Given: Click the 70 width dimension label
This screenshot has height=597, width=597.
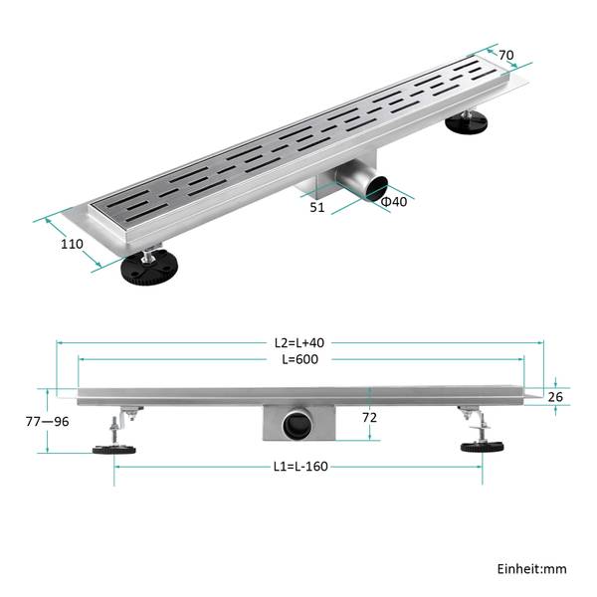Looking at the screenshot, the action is point(506,55).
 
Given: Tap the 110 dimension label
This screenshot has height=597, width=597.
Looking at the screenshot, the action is point(72,244).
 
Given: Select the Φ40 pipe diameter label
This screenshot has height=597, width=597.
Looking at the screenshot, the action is point(394,201).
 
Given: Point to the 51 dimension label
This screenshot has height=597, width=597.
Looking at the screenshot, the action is point(317,208).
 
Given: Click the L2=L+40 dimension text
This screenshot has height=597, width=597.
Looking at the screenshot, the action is point(299,342).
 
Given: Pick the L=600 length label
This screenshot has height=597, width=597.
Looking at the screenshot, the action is point(300,359).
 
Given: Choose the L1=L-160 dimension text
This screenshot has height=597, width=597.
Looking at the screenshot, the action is point(300,467).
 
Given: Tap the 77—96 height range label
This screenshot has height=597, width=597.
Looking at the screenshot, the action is point(48,422).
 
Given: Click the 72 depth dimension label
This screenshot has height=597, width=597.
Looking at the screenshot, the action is point(369,418).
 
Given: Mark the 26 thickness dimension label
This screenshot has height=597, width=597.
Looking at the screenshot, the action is point(555,397).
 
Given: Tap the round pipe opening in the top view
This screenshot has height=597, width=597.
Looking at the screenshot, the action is point(375,188).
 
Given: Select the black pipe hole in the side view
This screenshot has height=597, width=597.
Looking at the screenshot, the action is point(298,425).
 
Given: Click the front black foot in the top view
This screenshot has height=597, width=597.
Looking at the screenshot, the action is point(149,268).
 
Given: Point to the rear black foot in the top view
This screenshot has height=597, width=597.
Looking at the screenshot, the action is point(467,123).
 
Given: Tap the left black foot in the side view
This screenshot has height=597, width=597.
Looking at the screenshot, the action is point(114,450).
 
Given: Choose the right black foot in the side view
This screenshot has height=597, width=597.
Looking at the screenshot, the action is point(482,447).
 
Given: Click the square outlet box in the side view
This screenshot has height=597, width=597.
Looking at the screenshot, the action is point(298,423).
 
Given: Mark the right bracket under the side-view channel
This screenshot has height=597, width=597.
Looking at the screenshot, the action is point(470,412).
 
